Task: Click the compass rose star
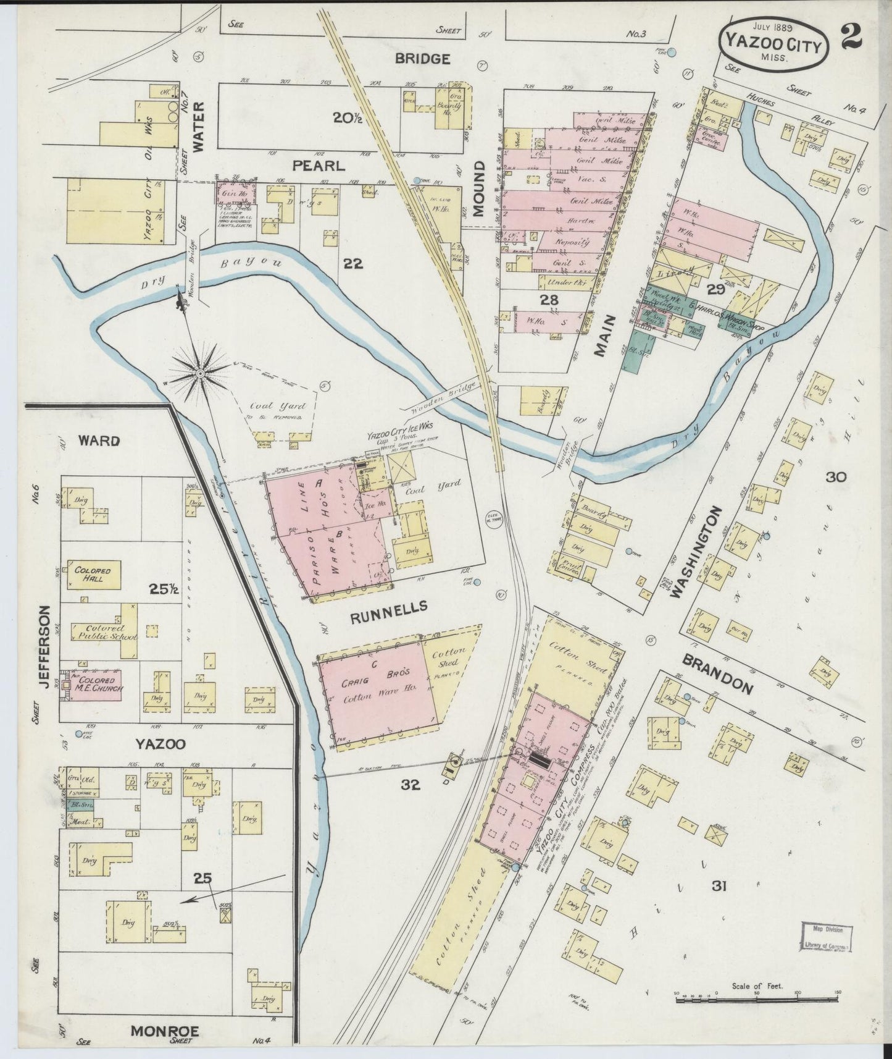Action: [201, 374]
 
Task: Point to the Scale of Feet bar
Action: [756, 995]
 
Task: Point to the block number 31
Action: [719, 887]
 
